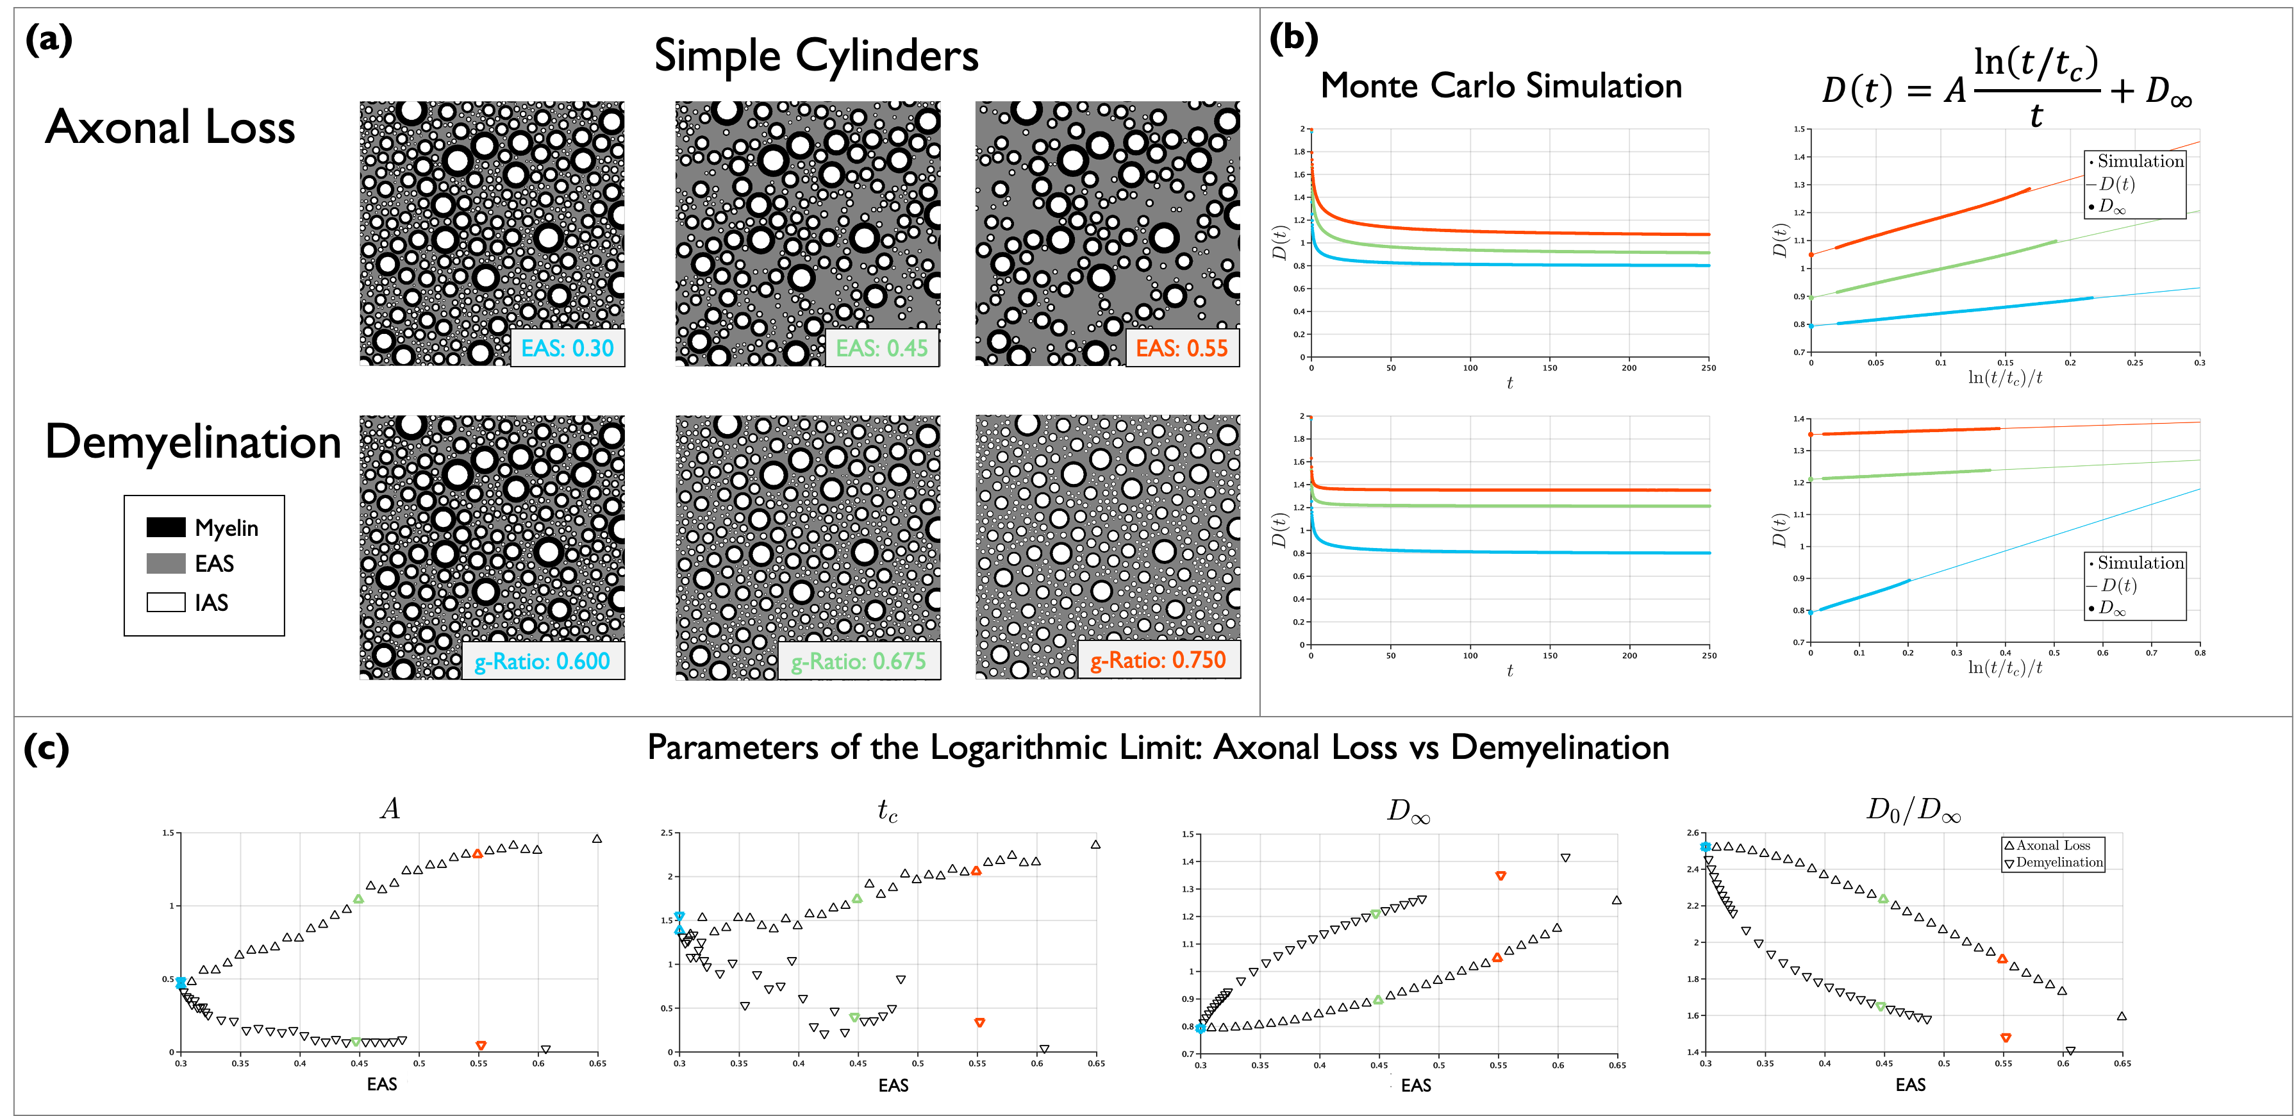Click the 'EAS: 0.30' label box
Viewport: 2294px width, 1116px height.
[567, 348]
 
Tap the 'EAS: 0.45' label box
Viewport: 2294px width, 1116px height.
[881, 348]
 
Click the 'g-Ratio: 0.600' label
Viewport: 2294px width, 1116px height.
[542, 662]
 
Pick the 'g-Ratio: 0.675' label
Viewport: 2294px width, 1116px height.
[858, 662]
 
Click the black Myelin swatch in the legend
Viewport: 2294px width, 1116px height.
[165, 528]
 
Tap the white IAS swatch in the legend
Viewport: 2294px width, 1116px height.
[165, 603]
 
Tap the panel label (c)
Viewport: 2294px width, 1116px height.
[46, 748]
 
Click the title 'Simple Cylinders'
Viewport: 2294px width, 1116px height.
[816, 56]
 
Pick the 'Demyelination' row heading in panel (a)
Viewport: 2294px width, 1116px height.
[193, 442]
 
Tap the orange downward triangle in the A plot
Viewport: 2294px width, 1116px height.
[481, 1045]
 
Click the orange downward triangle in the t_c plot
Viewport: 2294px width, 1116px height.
[979, 1022]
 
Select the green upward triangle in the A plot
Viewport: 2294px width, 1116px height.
[358, 899]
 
